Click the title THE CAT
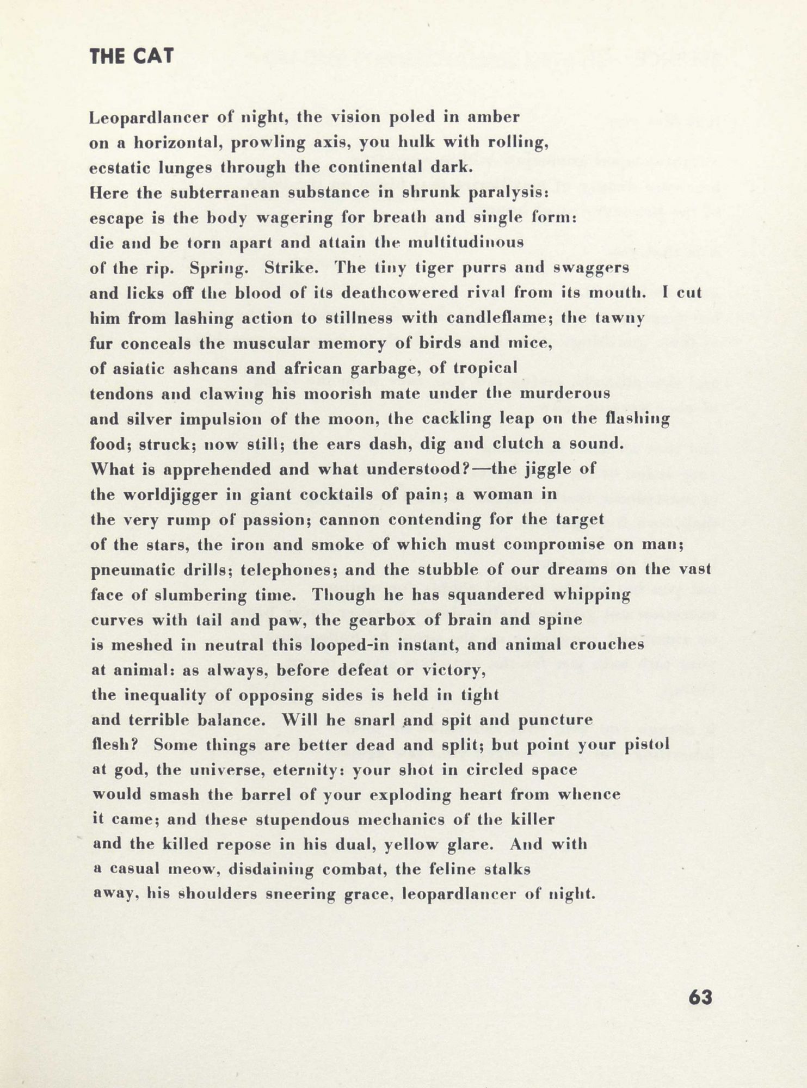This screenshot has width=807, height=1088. tap(132, 57)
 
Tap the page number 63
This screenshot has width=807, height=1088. tap(700, 997)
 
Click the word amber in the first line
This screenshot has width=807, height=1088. tap(495, 117)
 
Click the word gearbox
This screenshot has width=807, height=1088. tap(355, 620)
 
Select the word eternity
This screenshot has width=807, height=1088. tap(309, 770)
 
